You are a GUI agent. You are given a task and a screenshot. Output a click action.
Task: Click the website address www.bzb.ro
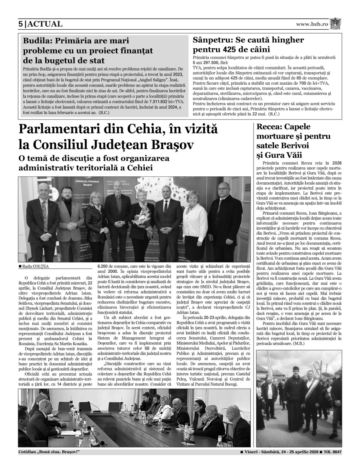tap(312, 24)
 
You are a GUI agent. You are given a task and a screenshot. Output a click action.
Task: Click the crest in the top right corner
tap(336, 23)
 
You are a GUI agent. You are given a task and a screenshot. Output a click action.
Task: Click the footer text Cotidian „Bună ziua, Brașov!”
tap(49, 452)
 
